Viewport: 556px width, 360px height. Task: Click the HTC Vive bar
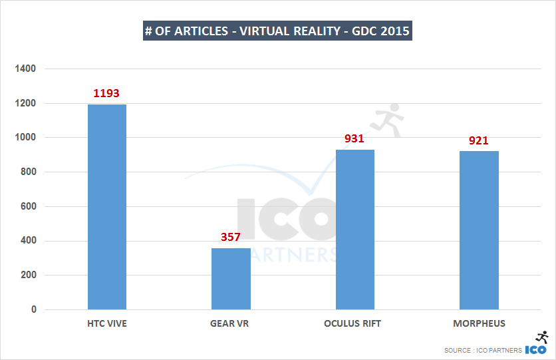point(107,207)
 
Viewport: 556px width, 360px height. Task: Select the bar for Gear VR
point(231,279)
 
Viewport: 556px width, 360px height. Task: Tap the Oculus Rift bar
point(355,230)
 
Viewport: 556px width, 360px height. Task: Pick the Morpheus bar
point(479,230)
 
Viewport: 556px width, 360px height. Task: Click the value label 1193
point(107,93)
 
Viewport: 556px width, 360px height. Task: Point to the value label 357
point(231,237)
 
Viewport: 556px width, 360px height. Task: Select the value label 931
point(355,138)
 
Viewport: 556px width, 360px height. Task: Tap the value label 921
point(479,140)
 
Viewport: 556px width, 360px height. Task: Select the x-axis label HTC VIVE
point(107,324)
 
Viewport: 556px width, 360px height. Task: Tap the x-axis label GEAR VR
point(231,324)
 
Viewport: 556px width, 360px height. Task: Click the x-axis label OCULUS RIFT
point(355,324)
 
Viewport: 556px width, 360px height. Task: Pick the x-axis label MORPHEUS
point(479,324)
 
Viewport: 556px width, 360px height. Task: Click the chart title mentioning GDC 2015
point(277,31)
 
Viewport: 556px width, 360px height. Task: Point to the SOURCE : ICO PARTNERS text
point(484,351)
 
